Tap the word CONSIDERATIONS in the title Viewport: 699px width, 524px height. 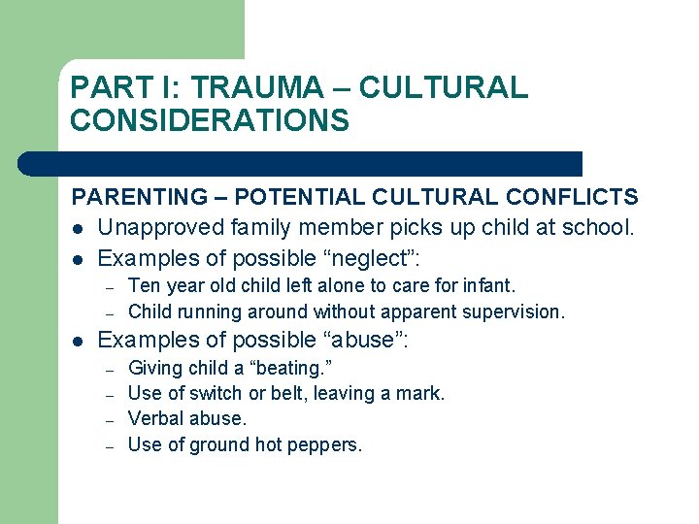(x=210, y=121)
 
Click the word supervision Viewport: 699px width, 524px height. (x=516, y=311)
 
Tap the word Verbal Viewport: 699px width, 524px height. (x=155, y=419)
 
